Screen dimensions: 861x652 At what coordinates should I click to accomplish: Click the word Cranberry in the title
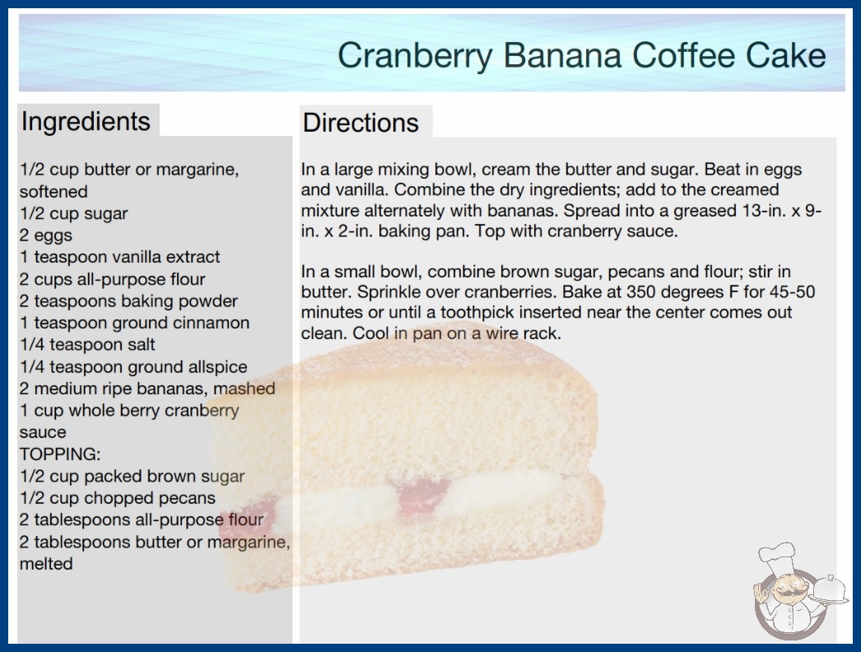click(415, 56)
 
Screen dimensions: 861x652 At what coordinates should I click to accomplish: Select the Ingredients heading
click(86, 122)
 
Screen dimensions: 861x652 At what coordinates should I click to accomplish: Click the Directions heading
click(361, 123)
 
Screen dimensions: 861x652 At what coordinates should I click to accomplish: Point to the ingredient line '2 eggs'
click(46, 235)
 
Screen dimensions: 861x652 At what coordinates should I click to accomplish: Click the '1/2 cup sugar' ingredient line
click(73, 213)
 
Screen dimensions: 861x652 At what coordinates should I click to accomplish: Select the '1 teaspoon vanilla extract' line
click(119, 257)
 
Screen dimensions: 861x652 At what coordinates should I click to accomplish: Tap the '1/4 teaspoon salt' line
click(87, 344)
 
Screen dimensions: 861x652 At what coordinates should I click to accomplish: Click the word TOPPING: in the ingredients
click(60, 454)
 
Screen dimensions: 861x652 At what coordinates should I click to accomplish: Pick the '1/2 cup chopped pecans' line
click(118, 498)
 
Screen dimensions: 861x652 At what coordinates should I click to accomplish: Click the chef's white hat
click(777, 556)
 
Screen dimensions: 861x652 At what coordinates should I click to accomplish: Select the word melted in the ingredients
click(46, 564)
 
